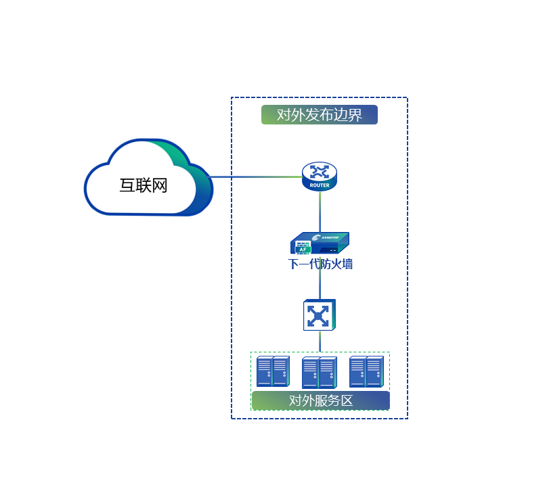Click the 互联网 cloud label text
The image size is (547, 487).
tap(143, 185)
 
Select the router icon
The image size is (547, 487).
tap(319, 177)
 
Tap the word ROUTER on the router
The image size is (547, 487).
tap(320, 185)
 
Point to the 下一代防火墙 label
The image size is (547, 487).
tap(320, 264)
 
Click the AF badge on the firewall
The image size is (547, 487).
tap(303, 250)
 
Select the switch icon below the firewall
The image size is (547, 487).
tap(319, 315)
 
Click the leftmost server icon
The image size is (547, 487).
tap(273, 371)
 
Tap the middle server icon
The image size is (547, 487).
tap(319, 373)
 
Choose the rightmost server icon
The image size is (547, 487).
tap(366, 371)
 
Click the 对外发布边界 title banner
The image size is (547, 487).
tap(320, 115)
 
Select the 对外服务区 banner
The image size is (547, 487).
tap(320, 400)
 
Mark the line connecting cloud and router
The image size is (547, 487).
tap(257, 177)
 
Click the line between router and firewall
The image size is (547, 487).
tap(320, 211)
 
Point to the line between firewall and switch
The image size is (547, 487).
tap(320, 284)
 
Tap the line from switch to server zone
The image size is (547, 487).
tap(320, 341)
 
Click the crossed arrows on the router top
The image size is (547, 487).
tap(319, 171)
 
